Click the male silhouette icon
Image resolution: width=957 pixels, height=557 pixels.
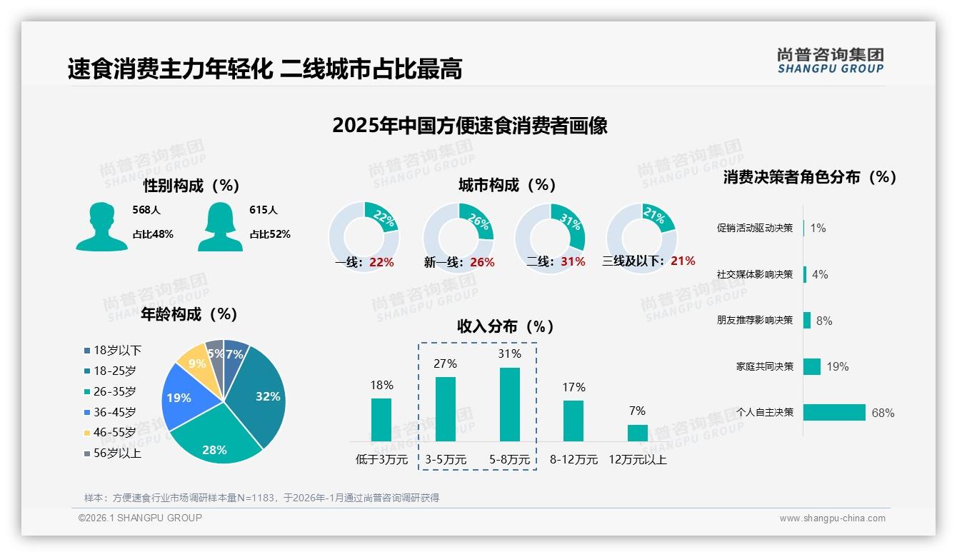click(101, 226)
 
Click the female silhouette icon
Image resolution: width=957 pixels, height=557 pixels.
click(220, 226)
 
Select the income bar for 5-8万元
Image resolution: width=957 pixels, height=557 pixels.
click(510, 404)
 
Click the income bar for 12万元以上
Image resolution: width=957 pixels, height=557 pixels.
click(637, 433)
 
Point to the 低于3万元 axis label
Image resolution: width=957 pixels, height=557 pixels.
click(381, 460)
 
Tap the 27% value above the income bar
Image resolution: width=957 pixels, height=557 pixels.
click(445, 363)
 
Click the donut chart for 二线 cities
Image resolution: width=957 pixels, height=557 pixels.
click(550, 230)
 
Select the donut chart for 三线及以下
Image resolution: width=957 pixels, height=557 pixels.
click(641, 230)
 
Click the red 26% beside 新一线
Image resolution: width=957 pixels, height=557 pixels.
click(482, 263)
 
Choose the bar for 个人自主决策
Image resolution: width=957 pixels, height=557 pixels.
click(834, 412)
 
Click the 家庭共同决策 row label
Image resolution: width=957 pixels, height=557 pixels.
click(764, 366)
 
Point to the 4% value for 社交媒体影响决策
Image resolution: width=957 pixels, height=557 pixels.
click(820, 274)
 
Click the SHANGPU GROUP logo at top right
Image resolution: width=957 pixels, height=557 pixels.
click(830, 61)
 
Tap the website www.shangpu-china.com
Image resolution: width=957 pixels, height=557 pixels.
click(832, 518)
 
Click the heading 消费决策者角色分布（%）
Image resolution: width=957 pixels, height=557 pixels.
click(809, 177)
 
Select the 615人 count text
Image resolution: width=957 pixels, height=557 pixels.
click(263, 210)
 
